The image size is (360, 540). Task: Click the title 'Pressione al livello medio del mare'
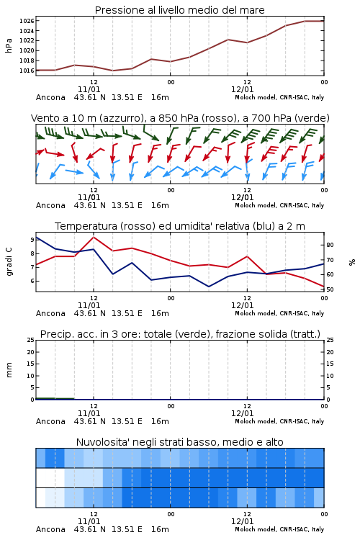179,10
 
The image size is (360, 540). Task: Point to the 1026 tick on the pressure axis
27,21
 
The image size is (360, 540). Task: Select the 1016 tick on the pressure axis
27,71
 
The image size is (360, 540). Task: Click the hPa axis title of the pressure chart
9,45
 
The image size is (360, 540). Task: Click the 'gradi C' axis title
9,262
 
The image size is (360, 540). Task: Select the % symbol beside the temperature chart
352,262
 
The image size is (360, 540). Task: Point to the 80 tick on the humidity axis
330,245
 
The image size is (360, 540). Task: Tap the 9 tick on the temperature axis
32,240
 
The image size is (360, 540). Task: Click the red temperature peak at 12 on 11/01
94,237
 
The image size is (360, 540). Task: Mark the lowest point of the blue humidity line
209,287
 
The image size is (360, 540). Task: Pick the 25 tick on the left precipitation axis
31,340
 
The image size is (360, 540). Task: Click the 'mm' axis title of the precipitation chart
9,370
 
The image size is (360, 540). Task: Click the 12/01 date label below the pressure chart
243,89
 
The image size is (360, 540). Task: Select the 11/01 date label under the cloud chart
89,521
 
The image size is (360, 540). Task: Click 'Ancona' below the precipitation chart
50,421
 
